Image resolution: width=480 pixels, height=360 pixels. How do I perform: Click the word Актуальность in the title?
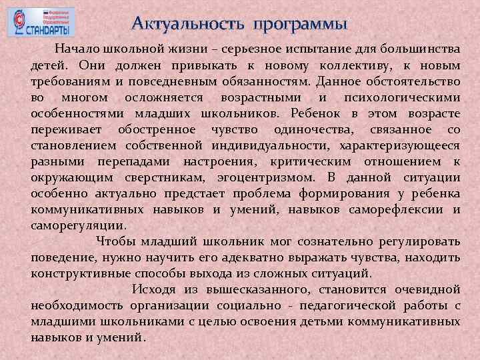point(189,25)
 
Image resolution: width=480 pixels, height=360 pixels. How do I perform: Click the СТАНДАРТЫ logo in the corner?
point(41,22)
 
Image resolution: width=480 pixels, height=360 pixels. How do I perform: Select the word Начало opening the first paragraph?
point(77,49)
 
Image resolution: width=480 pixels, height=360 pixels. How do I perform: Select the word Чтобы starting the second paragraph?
point(113,241)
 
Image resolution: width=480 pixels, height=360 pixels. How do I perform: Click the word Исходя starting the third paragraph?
point(153,289)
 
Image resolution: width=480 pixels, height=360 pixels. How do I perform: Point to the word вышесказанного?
point(261,289)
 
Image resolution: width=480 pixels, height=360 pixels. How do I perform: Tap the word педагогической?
point(339,305)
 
